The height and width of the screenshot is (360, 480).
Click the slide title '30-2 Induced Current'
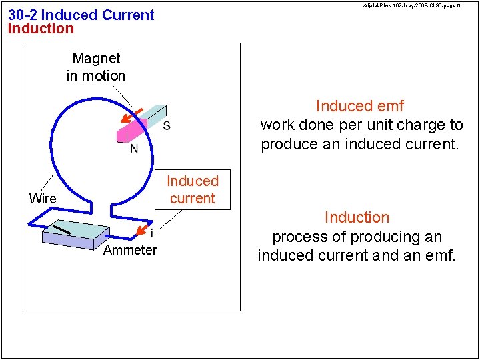coord(81,15)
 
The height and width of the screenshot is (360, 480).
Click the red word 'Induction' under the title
coord(41,28)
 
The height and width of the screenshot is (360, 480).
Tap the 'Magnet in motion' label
coord(95,67)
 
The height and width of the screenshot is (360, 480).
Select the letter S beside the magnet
coord(167,126)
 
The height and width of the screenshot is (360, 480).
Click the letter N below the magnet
coord(133,149)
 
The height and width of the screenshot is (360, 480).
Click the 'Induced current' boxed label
coord(193,189)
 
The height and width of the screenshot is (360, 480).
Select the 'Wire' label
coord(43,199)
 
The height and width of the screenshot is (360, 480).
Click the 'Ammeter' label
coord(130,250)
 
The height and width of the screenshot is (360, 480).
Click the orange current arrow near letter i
coord(141,231)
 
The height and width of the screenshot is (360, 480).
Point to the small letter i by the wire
coord(153,233)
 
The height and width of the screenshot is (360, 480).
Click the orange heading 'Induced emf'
coord(359,106)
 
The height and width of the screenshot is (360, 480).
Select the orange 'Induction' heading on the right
coord(357,217)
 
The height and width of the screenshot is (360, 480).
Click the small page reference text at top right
coord(411,5)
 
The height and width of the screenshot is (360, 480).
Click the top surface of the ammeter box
coord(77,229)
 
